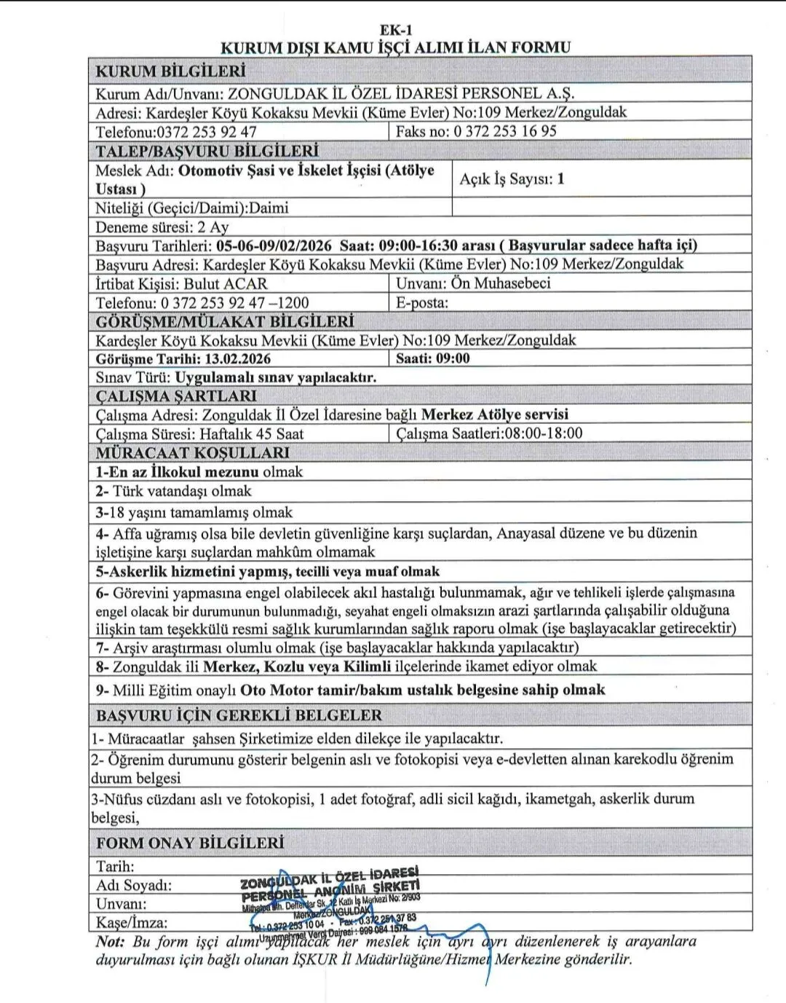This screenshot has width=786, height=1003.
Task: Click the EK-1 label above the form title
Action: pyautogui.click(x=395, y=30)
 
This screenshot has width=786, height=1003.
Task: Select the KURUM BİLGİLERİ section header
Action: pyautogui.click(x=170, y=71)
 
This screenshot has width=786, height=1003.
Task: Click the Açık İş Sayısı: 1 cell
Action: pyautogui.click(x=512, y=178)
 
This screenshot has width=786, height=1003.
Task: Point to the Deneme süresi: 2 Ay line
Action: pyautogui.click(x=162, y=227)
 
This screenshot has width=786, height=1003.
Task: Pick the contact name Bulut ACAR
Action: pyautogui.click(x=225, y=283)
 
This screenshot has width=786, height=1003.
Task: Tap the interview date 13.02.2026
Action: pyautogui.click(x=237, y=358)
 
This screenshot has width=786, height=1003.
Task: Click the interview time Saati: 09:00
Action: pyautogui.click(x=433, y=358)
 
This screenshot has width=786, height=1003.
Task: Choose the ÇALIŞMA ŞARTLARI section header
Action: pyautogui.click(x=176, y=396)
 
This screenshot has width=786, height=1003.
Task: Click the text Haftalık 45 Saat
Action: pyautogui.click(x=252, y=434)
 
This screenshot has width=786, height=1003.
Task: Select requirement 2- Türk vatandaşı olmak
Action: pyautogui.click(x=173, y=491)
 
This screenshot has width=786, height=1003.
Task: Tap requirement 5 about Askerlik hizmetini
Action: pyautogui.click(x=268, y=571)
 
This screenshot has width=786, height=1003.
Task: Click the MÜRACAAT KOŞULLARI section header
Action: pyautogui.click(x=183, y=452)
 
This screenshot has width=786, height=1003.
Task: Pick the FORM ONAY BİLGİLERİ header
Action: pyautogui.click(x=190, y=843)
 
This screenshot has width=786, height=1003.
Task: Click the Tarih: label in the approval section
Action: pyautogui.click(x=115, y=866)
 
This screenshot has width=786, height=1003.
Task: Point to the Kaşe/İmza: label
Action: pyautogui.click(x=132, y=923)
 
